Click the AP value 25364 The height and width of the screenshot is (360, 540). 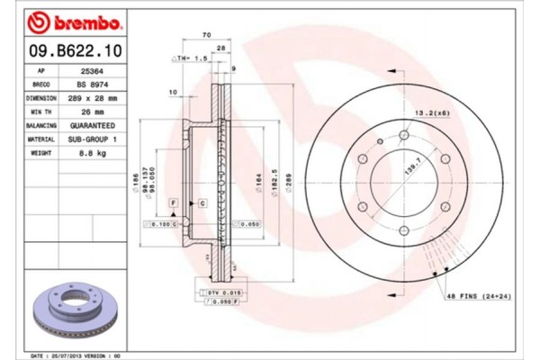[92, 69]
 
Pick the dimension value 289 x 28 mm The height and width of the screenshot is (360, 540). [92, 97]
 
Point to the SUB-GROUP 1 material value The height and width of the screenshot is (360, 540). [92, 139]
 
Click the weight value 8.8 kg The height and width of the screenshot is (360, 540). [92, 154]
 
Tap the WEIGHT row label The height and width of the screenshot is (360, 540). [41, 154]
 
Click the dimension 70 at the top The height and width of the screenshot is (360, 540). [207, 34]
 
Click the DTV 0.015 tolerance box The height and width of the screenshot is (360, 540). [220, 293]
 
